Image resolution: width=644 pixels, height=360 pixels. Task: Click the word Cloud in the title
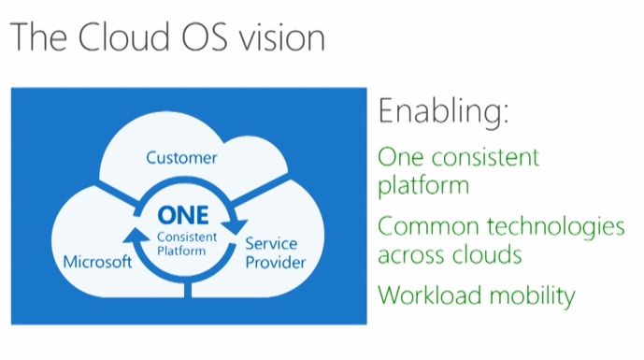pos(124,36)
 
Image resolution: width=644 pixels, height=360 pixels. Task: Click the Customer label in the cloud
pos(181,158)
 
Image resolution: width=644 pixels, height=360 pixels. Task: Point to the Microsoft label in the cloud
pos(98,262)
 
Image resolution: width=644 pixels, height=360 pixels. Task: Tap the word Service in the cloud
pos(271,243)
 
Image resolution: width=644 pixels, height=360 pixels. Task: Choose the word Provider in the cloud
pos(275,262)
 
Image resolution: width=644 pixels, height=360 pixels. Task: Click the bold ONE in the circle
pos(183,215)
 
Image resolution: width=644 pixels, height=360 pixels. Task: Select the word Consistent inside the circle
pos(187,238)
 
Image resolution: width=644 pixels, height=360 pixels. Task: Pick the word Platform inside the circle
pos(181,251)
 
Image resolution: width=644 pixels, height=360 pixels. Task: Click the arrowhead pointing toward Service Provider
pos(235,227)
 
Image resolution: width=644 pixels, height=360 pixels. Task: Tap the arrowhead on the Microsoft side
pos(136,235)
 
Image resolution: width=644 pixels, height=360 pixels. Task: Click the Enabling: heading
pos(443,111)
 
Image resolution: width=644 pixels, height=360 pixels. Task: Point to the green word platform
pos(423,186)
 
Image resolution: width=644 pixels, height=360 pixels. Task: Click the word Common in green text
pos(428,226)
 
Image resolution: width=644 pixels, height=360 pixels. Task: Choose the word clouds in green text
pos(487,254)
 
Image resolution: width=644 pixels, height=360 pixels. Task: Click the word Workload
pos(430,295)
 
